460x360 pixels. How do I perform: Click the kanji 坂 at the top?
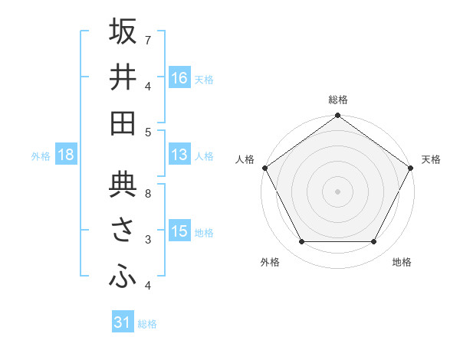(123, 31)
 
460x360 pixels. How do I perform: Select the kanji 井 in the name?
(123, 77)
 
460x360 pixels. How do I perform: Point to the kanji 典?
(123, 185)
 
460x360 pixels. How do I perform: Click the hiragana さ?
(123, 231)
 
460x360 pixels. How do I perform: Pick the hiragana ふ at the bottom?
(123, 277)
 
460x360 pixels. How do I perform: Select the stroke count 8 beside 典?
(148, 193)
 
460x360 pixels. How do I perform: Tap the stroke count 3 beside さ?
(148, 240)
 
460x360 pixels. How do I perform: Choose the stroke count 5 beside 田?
(148, 132)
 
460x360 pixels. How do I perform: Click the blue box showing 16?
(179, 77)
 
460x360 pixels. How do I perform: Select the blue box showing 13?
(179, 155)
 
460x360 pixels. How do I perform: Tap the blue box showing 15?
(179, 231)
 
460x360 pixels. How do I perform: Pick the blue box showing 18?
(66, 155)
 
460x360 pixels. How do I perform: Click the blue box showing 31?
(123, 322)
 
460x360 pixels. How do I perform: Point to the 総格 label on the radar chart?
(338, 100)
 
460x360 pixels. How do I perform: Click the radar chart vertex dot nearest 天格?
(411, 168)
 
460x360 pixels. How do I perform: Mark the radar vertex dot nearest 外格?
(301, 241)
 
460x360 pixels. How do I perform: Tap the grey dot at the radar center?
(337, 191)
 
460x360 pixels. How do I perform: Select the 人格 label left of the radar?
(245, 159)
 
